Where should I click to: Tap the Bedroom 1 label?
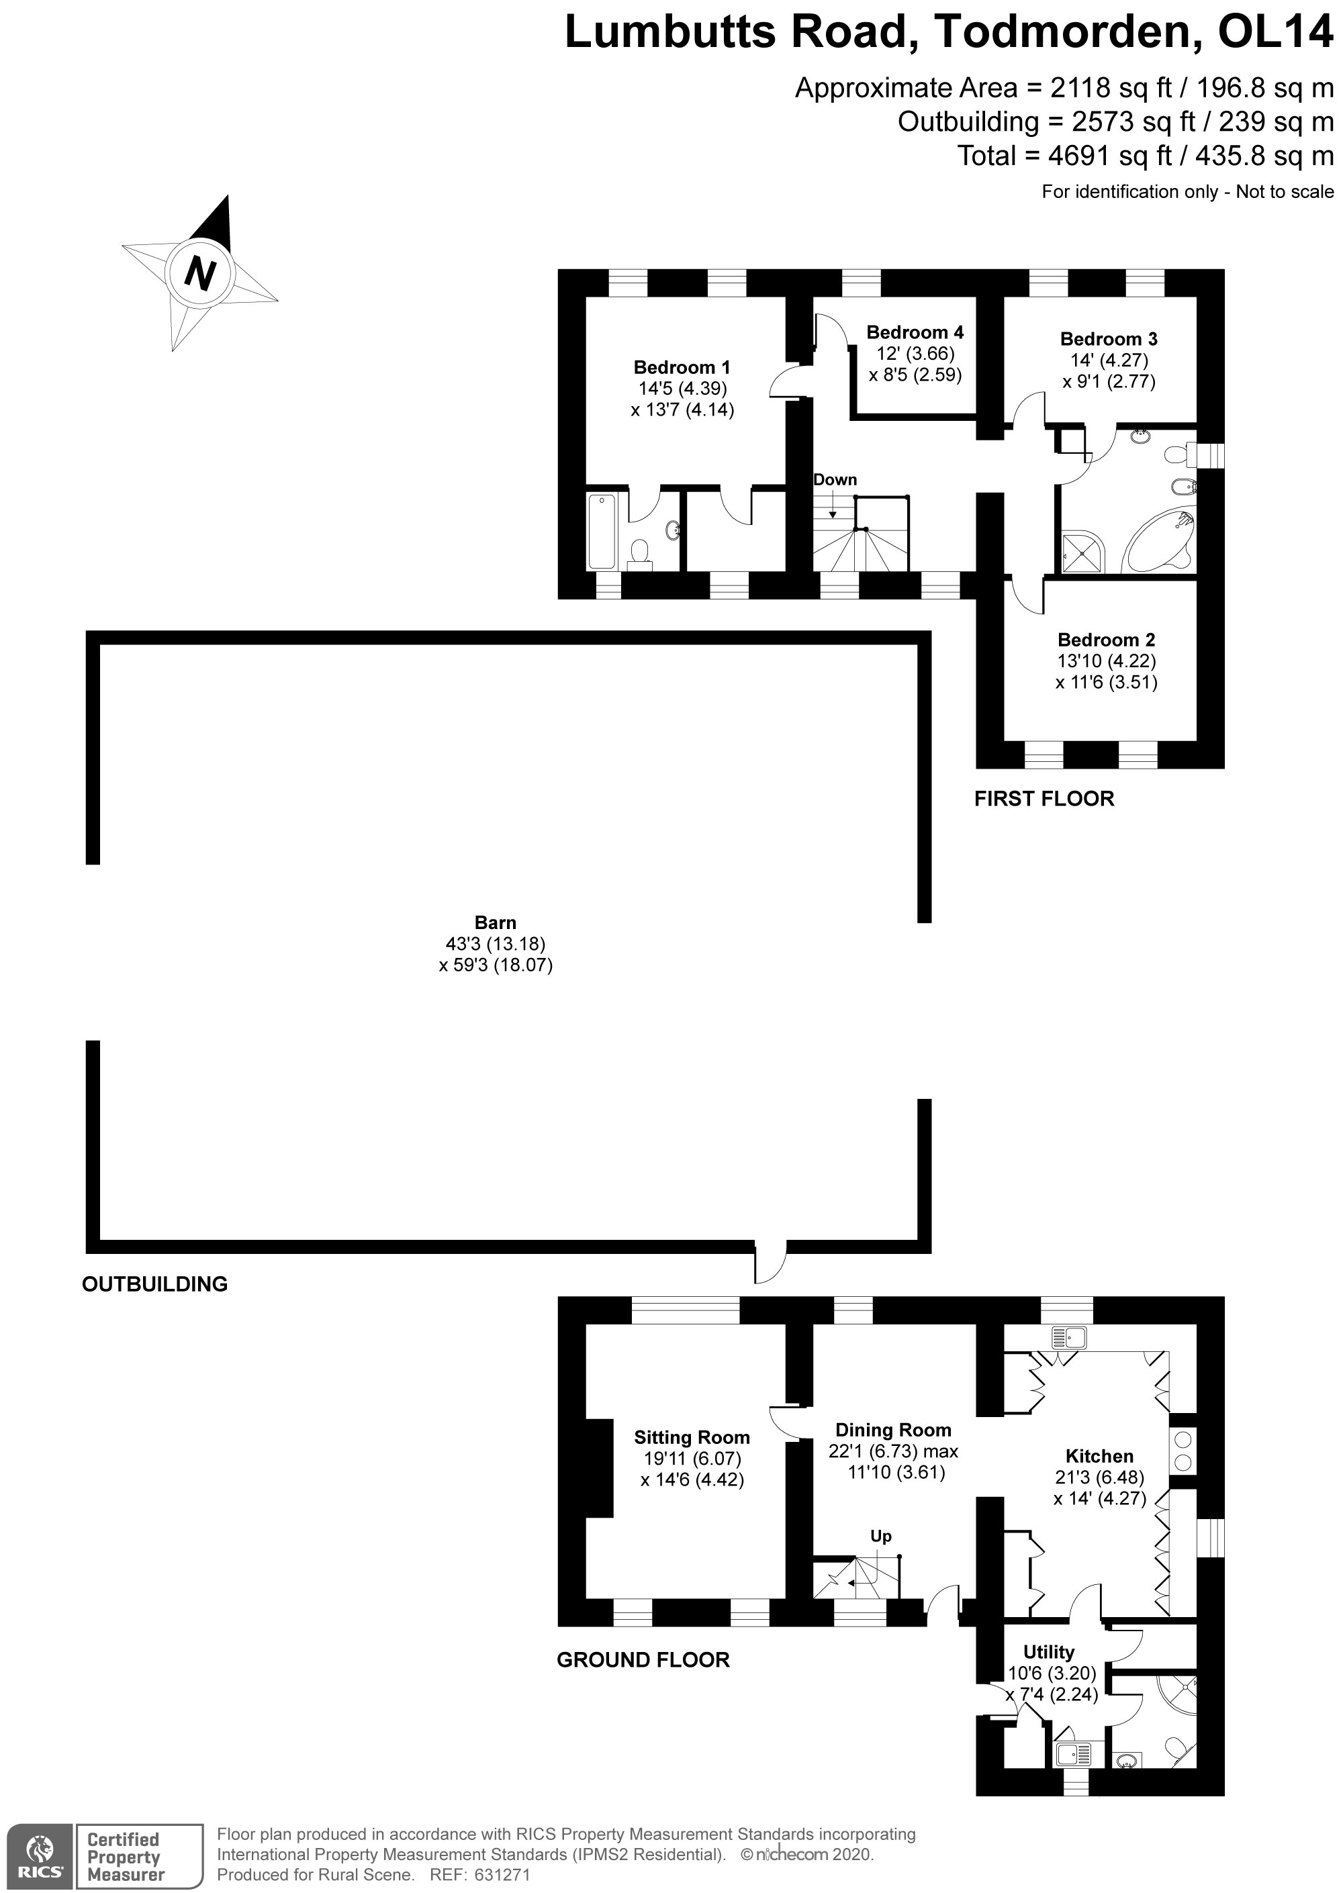[x=682, y=367]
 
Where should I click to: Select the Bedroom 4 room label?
[x=915, y=332]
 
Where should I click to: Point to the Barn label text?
[x=496, y=922]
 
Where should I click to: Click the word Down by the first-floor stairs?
[x=835, y=479]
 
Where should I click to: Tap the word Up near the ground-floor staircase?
[x=881, y=1536]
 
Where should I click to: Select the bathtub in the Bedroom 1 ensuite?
[x=601, y=531]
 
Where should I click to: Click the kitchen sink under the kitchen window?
[x=1068, y=1337]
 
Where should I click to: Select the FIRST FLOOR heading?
[x=1044, y=799]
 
